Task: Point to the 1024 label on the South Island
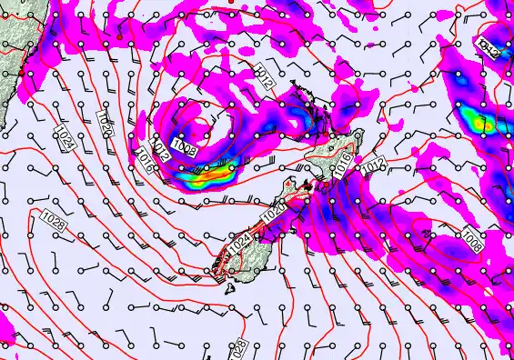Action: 239,244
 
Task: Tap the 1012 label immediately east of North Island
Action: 371,166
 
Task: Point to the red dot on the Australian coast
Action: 19,70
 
